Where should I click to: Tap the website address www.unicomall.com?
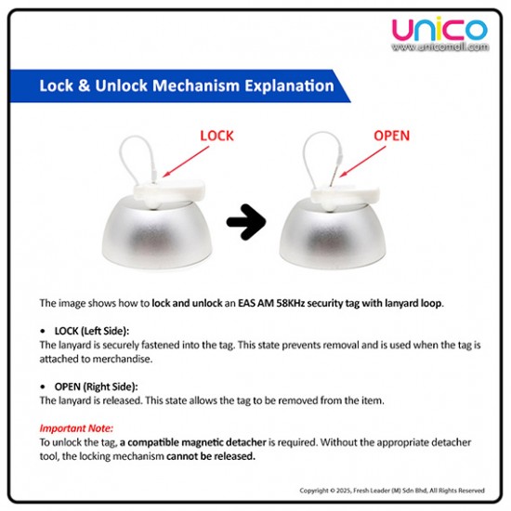pyautogui.click(x=440, y=47)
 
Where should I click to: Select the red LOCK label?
pyautogui.click(x=216, y=136)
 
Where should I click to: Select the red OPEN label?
pyautogui.click(x=391, y=136)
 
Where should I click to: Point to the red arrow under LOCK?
pyautogui.click(x=186, y=162)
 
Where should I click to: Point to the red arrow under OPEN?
pyautogui.click(x=362, y=162)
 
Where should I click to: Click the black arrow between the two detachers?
pyautogui.click(x=246, y=222)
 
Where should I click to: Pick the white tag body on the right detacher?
pyautogui.click(x=346, y=195)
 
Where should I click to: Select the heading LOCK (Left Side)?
pyautogui.click(x=92, y=331)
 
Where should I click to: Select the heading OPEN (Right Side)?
pyautogui.click(x=96, y=387)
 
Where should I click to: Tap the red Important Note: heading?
pyautogui.click(x=76, y=428)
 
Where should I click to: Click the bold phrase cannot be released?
pyautogui.click(x=211, y=456)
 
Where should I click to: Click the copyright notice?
pyautogui.click(x=392, y=491)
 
